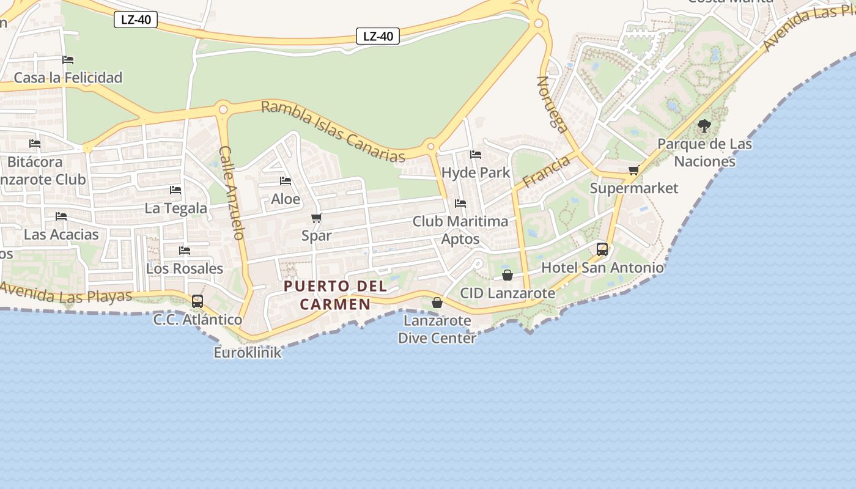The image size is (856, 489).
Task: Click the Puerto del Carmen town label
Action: click(x=336, y=295)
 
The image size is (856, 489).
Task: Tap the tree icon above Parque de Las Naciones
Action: click(x=704, y=127)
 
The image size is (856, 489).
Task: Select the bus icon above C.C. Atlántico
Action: click(x=197, y=301)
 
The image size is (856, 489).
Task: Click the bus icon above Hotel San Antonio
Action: click(x=602, y=249)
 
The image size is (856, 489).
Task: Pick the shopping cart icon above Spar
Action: click(x=316, y=218)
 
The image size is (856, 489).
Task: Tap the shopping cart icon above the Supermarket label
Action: click(x=634, y=170)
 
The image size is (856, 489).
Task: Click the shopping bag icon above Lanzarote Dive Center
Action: click(x=437, y=302)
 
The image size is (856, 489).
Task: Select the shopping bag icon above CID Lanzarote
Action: click(x=507, y=275)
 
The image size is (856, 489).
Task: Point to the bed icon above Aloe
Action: click(x=285, y=181)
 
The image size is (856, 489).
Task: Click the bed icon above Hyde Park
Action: click(x=476, y=155)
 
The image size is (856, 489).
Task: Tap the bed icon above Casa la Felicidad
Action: click(x=68, y=60)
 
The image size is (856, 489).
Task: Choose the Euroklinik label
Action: click(x=248, y=353)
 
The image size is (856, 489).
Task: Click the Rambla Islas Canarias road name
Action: click(x=333, y=132)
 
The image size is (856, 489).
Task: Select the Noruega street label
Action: click(x=552, y=104)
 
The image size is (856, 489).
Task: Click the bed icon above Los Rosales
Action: click(x=185, y=251)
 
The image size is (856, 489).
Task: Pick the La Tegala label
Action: click(x=175, y=208)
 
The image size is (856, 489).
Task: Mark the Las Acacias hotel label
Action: click(x=61, y=234)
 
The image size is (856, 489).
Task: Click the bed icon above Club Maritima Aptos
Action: click(x=460, y=203)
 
